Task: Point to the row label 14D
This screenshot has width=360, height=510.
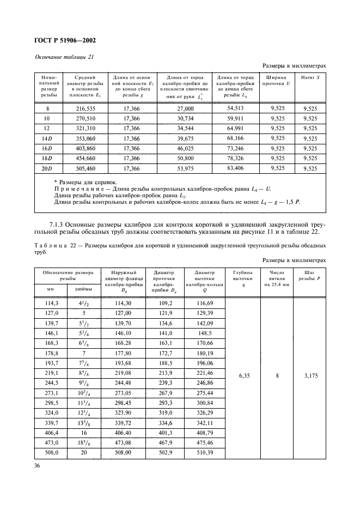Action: point(46,139)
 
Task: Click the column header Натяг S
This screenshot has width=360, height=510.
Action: point(310,77)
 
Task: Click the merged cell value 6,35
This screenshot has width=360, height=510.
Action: point(242,375)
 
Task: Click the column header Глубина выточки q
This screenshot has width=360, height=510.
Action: point(242,278)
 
